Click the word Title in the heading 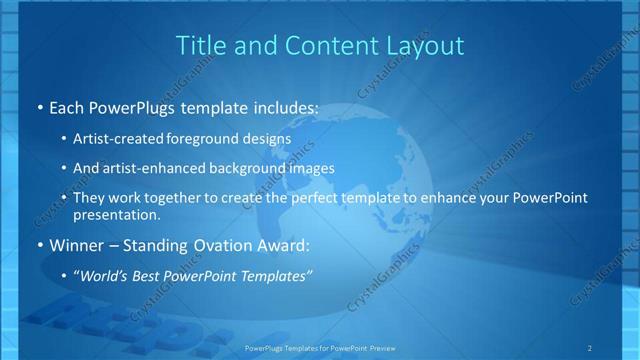tap(200, 45)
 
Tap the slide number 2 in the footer tap(589, 347)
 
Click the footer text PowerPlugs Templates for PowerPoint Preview tap(319, 347)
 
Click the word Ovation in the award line tap(226, 245)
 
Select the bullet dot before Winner tap(39, 245)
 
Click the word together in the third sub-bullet tap(184, 198)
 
